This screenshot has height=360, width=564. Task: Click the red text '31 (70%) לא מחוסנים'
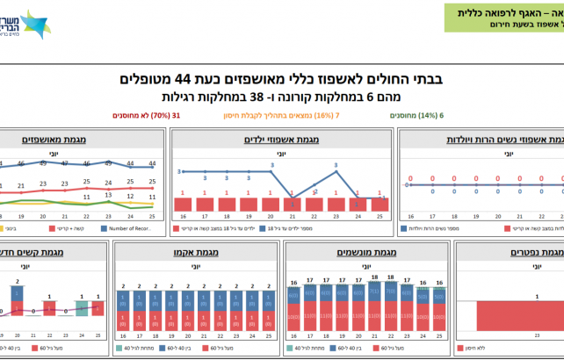tap(146, 114)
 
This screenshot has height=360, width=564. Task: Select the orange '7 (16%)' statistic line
tap(288, 114)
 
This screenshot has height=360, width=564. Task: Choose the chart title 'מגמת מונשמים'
tap(362, 253)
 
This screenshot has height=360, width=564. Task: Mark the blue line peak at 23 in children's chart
tap(336, 173)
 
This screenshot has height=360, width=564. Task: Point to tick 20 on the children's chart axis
tap(270, 216)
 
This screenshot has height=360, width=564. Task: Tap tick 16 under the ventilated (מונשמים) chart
tap(293, 335)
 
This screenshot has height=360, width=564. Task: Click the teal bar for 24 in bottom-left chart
tap(82, 308)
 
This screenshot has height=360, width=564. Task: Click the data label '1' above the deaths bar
tap(512, 297)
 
